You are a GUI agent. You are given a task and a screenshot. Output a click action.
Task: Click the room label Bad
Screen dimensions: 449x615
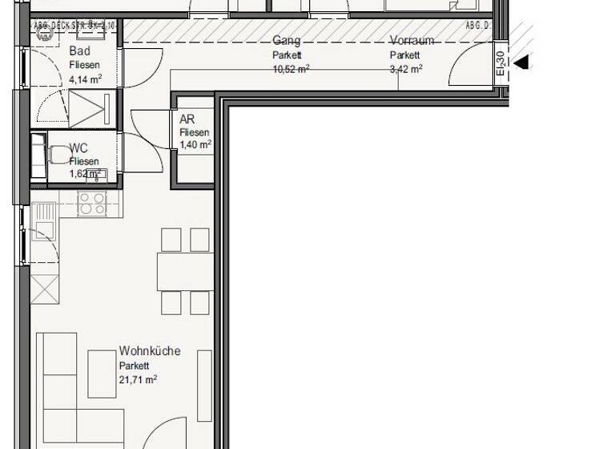pyautogui.click(x=80, y=52)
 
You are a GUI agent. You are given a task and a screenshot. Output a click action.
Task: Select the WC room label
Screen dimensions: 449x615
pyautogui.click(x=78, y=148)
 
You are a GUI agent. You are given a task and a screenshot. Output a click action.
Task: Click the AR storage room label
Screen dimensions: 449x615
pyautogui.click(x=187, y=119)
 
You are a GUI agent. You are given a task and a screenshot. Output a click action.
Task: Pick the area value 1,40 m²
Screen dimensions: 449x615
pyautogui.click(x=195, y=145)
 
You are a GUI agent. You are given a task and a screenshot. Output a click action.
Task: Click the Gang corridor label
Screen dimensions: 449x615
pyautogui.click(x=286, y=40)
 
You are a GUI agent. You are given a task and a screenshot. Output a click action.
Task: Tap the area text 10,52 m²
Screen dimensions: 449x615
pyautogui.click(x=291, y=69)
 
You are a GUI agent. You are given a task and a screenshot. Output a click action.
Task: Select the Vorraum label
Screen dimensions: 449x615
pyautogui.click(x=412, y=40)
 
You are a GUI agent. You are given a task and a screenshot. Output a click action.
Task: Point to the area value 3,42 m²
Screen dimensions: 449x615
pyautogui.click(x=406, y=69)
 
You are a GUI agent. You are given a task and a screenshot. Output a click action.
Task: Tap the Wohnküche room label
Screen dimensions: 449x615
pyautogui.click(x=150, y=351)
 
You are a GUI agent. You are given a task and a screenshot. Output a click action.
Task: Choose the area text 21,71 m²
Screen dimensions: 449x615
pyautogui.click(x=139, y=379)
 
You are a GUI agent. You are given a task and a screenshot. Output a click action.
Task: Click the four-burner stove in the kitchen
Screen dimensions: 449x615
pyautogui.click(x=92, y=204)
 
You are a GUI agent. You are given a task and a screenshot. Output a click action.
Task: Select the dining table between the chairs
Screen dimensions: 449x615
pyautogui.click(x=185, y=271)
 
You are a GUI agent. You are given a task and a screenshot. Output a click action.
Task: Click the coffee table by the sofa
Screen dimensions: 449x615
pyautogui.click(x=102, y=374)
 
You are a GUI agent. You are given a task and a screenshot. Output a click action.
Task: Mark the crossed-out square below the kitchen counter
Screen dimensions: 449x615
pyautogui.click(x=44, y=288)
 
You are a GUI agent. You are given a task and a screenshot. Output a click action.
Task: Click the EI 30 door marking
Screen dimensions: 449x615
pyautogui.click(x=500, y=62)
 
